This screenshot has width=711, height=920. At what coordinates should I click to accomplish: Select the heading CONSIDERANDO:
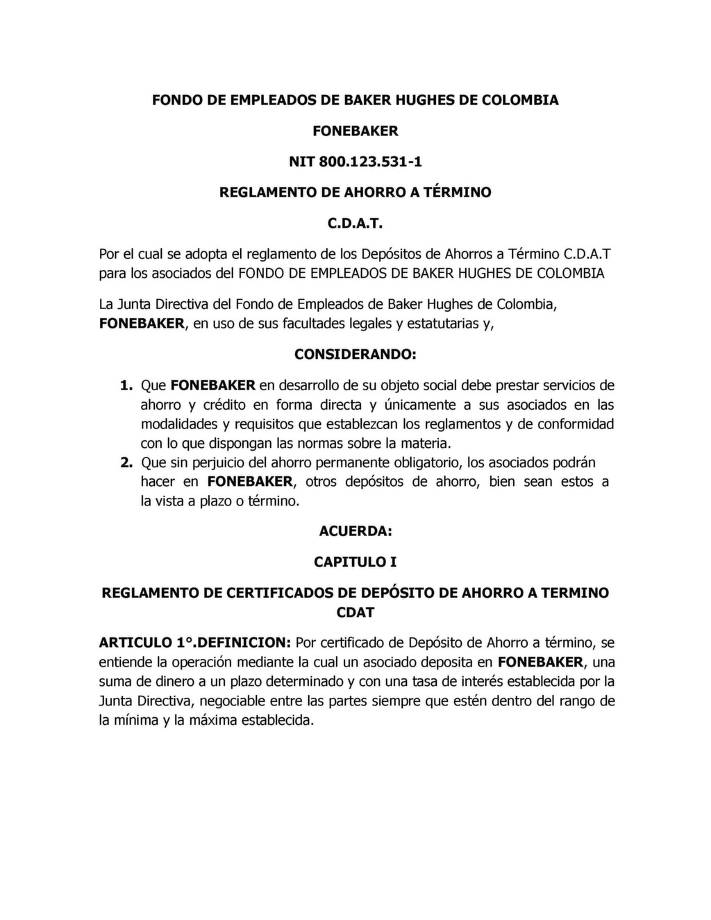[x=355, y=354]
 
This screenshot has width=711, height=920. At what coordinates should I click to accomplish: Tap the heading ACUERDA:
[x=355, y=531]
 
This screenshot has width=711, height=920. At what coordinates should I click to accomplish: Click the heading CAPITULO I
[x=355, y=562]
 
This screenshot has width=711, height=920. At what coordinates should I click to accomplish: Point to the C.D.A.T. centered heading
[x=355, y=224]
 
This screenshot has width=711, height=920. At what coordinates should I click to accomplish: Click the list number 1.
[x=126, y=385]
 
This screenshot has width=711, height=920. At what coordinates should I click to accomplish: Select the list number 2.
[x=126, y=462]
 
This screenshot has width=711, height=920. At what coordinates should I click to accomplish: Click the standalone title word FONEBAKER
[x=355, y=131]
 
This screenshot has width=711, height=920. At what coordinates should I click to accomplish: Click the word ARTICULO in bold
[x=132, y=642]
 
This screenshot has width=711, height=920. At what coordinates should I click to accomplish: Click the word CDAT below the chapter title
[x=355, y=612]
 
